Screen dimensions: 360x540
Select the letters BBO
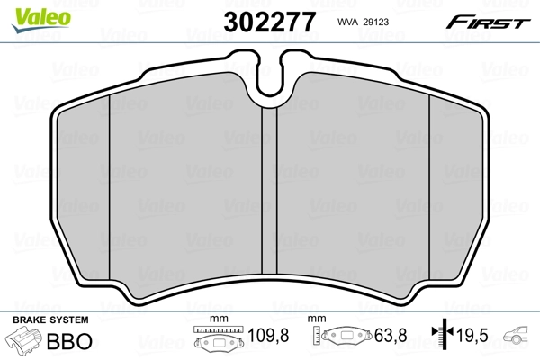point(67,342)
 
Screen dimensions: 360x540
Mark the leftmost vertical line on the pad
point(108,180)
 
